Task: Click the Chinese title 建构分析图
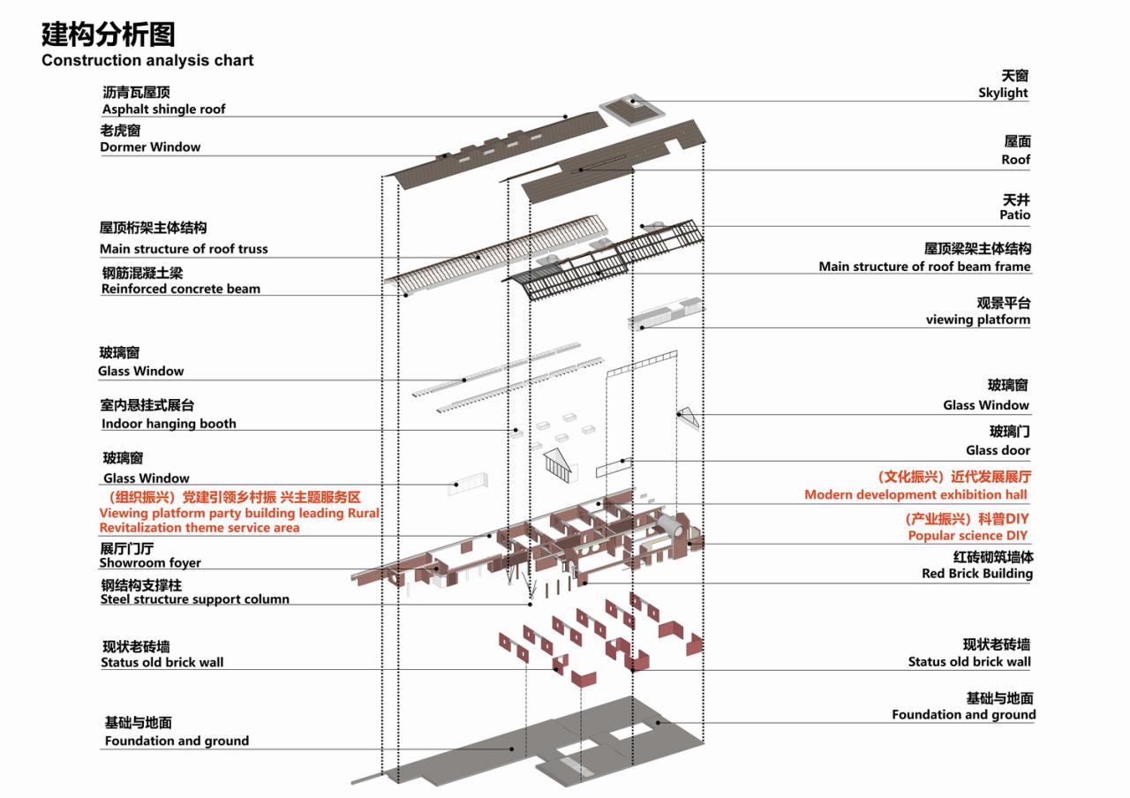(x=108, y=34)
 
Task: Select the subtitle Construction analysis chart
(x=147, y=61)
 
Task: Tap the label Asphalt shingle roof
(x=163, y=109)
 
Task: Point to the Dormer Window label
(x=150, y=147)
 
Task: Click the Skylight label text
(x=1003, y=93)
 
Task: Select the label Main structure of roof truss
(x=184, y=249)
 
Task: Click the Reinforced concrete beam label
(x=180, y=289)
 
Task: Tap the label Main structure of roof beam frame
(x=924, y=267)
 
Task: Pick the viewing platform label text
(x=977, y=320)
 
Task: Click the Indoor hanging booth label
(x=169, y=424)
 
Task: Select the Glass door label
(x=998, y=450)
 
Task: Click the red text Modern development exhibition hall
(x=915, y=494)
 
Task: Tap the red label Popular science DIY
(x=968, y=536)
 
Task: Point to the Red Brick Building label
(x=976, y=574)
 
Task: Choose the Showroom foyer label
(x=150, y=563)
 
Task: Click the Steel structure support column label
(x=194, y=599)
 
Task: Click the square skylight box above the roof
(x=632, y=109)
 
